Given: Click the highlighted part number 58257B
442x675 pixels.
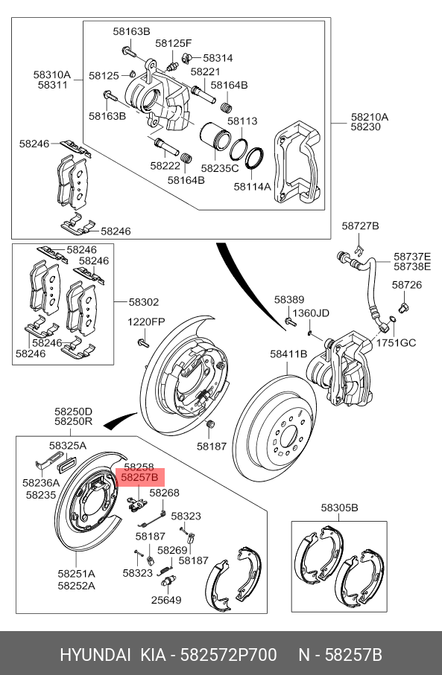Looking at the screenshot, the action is coord(139,477).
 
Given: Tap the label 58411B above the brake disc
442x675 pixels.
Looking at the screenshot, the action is coord(288,354).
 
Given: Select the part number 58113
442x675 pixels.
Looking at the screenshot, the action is coord(242,121).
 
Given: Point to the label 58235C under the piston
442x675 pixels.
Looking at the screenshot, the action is coord(219,168).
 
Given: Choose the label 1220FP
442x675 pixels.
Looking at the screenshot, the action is coord(146,322).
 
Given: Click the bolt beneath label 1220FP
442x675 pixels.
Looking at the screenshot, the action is coord(142,342).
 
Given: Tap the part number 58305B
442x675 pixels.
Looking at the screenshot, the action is coord(339,508).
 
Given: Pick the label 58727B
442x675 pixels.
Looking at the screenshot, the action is coord(361,225).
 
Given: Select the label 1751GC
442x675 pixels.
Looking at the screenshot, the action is coord(396,342).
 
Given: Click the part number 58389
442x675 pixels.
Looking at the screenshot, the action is coord(289,300).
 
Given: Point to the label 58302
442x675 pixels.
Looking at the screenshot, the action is coord(144,302).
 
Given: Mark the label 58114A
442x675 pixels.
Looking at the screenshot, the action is coord(252,186).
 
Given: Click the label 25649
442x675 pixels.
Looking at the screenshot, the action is coord(166,600).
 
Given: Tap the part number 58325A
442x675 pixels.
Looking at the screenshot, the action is coord(68,446).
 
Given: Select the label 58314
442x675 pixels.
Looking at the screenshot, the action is coord(218,58).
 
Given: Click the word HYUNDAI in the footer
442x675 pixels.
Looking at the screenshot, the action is coord(95,655).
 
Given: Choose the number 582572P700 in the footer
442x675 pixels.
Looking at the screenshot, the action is coord(229,655).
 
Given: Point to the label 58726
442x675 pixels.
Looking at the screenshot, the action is coord(407,285).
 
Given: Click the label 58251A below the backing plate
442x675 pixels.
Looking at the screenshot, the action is coord(76,574).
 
